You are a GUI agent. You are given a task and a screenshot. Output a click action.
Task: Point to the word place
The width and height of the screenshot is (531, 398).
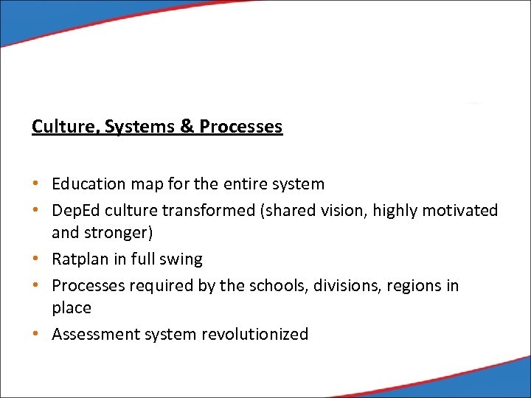pyautogui.click(x=72, y=308)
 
